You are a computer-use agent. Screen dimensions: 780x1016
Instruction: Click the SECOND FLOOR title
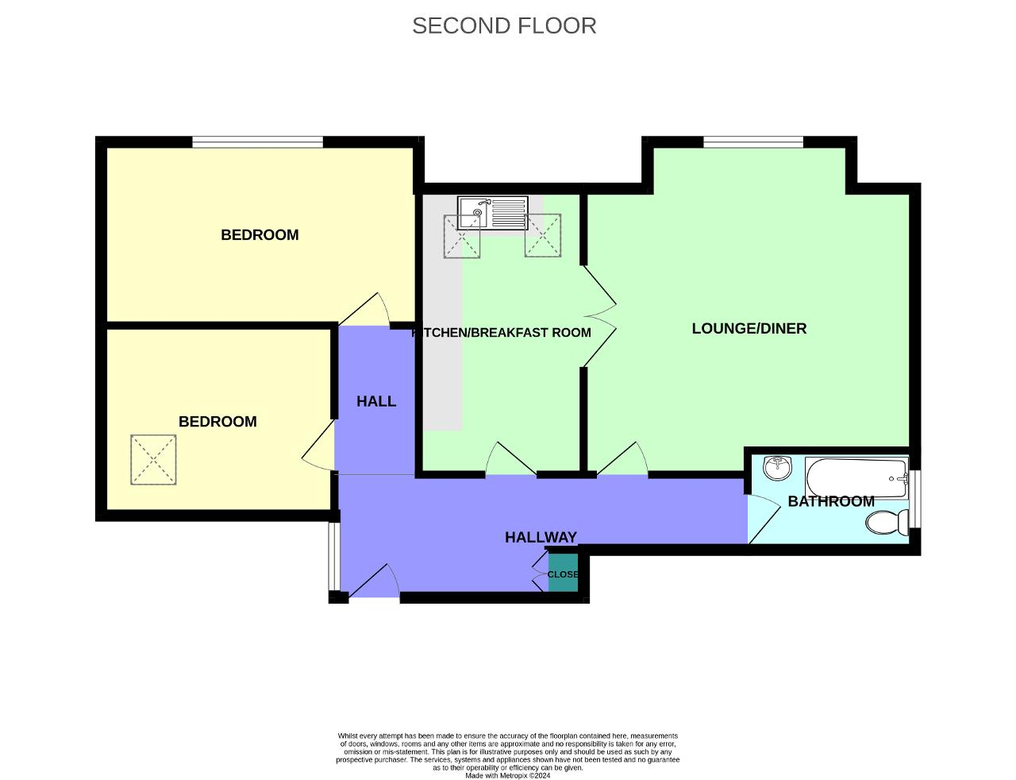504,25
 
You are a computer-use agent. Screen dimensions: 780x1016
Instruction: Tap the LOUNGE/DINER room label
749,328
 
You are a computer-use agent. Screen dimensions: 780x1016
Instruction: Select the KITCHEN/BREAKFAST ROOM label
502,332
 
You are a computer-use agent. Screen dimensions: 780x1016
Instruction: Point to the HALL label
375,401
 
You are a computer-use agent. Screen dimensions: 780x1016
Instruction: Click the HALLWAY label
541,537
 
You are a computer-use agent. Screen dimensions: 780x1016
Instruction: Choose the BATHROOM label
830,501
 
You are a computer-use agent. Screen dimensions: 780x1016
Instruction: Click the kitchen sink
492,213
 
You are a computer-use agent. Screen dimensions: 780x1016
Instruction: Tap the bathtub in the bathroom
856,477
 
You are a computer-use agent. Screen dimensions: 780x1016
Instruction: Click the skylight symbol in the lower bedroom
153,460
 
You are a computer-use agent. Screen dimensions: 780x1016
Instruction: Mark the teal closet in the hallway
563,574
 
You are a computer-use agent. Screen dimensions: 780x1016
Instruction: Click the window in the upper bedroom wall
257,142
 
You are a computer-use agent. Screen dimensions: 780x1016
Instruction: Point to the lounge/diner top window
752,142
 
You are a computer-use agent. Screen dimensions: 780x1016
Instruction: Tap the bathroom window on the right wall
915,499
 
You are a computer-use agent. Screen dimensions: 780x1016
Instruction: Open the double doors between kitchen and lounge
600,316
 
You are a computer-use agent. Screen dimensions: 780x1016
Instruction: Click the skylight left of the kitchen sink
462,237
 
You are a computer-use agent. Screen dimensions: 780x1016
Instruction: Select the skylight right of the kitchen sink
543,236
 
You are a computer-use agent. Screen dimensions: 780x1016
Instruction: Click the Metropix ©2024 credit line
507,775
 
